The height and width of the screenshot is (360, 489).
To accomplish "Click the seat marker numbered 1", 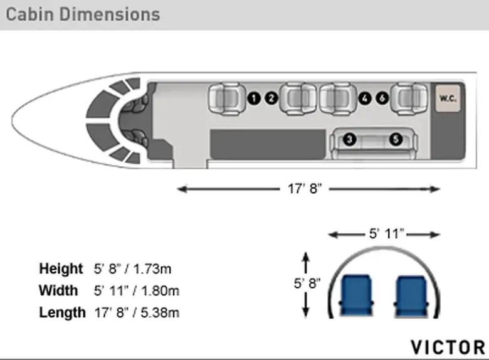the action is point(254,98).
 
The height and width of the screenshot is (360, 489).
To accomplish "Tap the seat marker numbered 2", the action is point(271,98).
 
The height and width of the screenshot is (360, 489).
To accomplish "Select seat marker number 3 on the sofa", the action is point(350,139).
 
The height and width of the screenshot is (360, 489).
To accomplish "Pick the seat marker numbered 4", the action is point(365,98).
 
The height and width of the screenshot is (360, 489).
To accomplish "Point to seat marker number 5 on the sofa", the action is point(396,139).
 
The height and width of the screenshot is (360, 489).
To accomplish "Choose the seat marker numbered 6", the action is point(382,98).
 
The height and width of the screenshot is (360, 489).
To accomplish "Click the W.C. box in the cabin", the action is point(448,98).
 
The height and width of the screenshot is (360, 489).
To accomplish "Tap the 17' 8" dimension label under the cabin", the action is point(305,189).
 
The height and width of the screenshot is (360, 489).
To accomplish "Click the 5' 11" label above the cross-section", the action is point(386,234).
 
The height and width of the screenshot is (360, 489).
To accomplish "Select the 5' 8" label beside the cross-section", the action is point(307,283).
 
